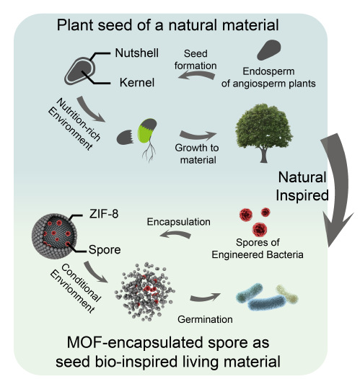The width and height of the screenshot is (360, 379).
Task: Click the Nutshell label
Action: pos(136,53)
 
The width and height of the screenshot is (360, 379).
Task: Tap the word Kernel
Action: pos(137,83)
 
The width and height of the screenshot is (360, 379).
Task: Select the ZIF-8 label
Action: pos(104,214)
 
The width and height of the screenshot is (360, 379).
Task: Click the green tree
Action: pos(264,133)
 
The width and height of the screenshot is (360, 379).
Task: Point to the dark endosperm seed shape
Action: pos(268,50)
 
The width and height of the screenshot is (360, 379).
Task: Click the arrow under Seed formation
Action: pos(196,76)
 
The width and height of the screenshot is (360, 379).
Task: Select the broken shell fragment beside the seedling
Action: pos(125,138)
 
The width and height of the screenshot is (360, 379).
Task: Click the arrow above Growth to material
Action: pos(198,135)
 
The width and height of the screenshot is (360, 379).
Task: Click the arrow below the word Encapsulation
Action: pos(175,234)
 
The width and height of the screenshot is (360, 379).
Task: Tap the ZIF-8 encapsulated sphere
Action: pos(54,236)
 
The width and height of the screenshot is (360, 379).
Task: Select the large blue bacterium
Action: pos(267,303)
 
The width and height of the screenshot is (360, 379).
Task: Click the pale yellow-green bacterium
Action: pos(287,294)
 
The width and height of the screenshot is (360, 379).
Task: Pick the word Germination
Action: pos(205,319)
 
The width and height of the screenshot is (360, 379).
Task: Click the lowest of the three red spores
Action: pos(260,229)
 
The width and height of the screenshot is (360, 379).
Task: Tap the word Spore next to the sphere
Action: pos(105,250)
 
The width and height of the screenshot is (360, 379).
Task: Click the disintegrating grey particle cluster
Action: pos(145,292)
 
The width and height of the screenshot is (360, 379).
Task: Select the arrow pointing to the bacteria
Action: pos(205,297)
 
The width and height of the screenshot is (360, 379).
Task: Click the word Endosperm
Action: pos(268,71)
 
